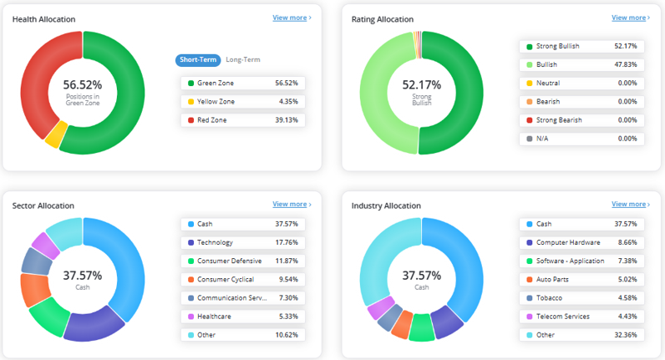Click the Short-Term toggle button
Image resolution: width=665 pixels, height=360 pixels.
[x=198, y=60]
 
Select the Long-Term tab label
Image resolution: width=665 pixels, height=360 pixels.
[x=243, y=60]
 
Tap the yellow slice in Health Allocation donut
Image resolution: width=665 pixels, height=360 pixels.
[x=57, y=134]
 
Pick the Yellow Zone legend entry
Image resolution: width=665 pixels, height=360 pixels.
[x=243, y=102]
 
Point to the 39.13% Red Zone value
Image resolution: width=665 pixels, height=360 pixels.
[x=287, y=120]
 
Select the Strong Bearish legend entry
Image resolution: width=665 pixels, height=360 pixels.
[x=581, y=120]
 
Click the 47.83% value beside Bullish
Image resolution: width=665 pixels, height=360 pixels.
[x=626, y=65]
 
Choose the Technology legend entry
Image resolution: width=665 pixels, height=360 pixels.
[x=243, y=242]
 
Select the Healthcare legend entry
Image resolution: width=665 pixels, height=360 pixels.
[x=243, y=317]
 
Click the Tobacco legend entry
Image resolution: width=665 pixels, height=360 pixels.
[x=581, y=298]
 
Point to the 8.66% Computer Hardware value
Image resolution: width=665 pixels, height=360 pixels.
[x=627, y=242]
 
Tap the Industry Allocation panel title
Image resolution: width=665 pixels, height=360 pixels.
[x=386, y=206]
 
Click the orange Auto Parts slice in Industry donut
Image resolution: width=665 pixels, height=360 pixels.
[x=402, y=325]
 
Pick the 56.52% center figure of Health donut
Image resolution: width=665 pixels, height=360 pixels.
[x=83, y=85]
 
